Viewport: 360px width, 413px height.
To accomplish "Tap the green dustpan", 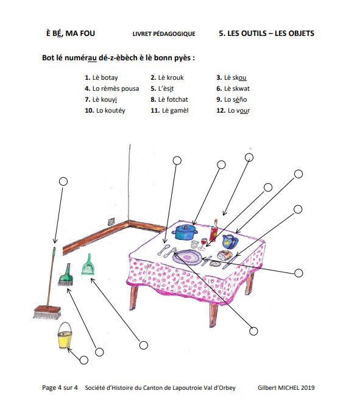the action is [88, 265].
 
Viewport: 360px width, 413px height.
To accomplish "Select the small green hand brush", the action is [66, 275].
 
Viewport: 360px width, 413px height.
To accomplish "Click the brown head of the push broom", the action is [48, 312].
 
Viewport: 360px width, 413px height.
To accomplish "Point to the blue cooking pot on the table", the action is [185, 232].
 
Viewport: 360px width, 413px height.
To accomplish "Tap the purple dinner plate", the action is [188, 257].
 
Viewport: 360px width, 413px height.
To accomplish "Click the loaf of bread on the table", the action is [225, 255].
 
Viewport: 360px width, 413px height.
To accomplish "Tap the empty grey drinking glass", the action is [194, 244].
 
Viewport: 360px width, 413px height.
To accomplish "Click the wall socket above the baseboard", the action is [111, 222].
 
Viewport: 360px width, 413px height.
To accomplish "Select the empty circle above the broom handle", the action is [63, 182].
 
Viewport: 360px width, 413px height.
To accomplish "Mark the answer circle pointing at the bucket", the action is [83, 360].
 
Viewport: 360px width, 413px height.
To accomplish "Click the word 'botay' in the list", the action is [109, 78].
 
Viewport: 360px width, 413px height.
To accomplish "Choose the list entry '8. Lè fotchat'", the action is [169, 99].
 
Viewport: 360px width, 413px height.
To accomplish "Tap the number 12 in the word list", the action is [221, 111].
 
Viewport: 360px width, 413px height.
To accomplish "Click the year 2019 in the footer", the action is [308, 387].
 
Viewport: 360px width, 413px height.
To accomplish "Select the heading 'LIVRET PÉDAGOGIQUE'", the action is [164, 34].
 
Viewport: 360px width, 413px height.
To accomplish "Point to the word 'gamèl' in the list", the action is [179, 111].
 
